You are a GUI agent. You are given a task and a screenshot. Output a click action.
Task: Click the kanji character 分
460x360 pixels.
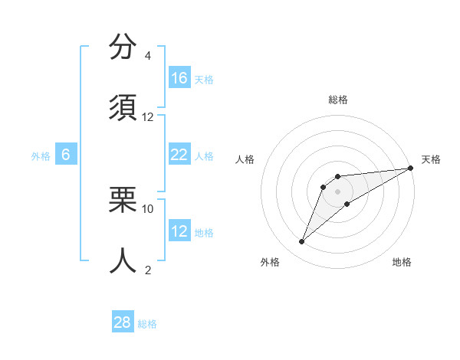[123, 47]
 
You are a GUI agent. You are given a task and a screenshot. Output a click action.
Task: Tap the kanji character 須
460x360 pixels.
[123, 108]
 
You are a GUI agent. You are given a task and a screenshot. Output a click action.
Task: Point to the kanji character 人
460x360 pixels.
[123, 260]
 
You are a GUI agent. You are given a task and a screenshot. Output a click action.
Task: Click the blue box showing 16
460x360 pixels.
[179, 78]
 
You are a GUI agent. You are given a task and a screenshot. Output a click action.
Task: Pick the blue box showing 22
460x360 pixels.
[179, 155]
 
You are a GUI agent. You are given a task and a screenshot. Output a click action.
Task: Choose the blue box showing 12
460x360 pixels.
[179, 231]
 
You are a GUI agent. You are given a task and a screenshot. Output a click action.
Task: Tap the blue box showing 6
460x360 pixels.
[66, 155]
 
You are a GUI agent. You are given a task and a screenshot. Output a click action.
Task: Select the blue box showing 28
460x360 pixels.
[123, 322]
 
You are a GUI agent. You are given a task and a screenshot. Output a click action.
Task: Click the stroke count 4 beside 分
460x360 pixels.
[148, 56]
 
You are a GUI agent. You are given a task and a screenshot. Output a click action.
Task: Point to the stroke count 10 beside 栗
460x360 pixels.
[148, 208]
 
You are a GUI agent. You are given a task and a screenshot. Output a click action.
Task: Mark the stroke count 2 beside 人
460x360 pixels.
[148, 269]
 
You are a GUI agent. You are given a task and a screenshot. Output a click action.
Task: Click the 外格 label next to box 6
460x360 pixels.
[41, 156]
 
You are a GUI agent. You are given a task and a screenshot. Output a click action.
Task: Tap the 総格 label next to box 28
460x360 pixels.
[147, 324]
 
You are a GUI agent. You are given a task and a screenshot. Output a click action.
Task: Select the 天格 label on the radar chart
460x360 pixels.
[431, 159]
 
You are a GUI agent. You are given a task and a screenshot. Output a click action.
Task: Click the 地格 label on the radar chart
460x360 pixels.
[402, 262]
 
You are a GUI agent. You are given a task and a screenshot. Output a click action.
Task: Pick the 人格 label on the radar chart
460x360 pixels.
[245, 159]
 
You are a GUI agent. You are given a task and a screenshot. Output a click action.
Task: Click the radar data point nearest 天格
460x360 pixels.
[410, 168]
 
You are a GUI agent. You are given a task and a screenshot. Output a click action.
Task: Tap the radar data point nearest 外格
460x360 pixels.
[302, 242]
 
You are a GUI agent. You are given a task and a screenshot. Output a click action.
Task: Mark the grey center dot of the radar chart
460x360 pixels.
[337, 191]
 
